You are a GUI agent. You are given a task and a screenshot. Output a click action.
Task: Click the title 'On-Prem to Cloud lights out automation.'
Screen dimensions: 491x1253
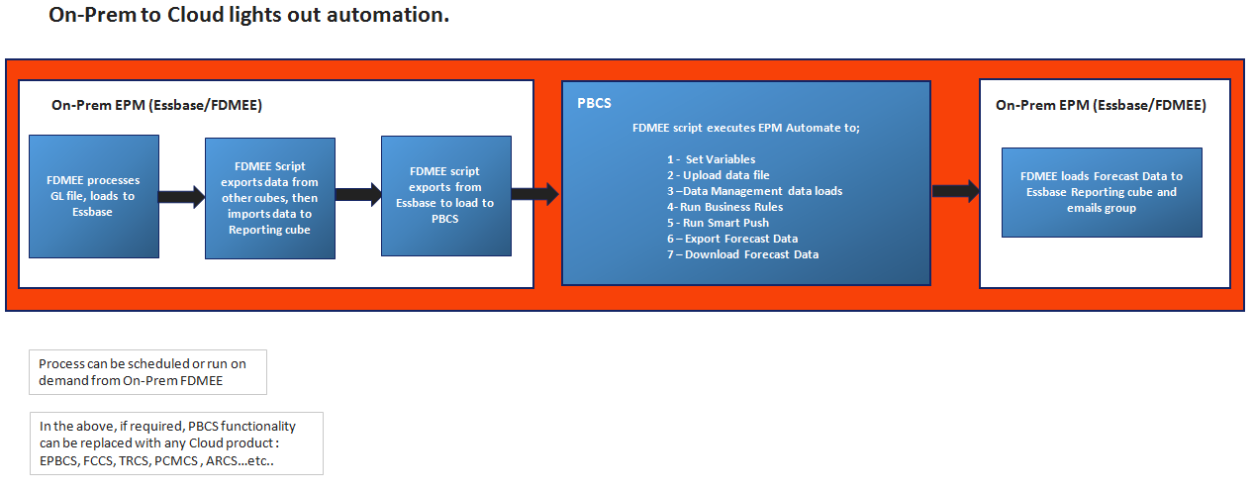click(248, 17)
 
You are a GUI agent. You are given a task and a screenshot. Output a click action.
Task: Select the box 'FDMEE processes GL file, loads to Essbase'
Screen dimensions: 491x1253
click(93, 196)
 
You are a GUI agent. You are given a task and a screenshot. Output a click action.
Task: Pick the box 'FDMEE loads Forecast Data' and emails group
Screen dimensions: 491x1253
click(1102, 192)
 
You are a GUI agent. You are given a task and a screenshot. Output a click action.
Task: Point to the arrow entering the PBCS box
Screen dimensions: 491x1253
click(536, 194)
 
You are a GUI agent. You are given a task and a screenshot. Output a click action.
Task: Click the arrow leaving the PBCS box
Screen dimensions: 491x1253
click(955, 191)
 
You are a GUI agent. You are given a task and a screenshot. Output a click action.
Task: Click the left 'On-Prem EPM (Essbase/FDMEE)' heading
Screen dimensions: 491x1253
click(156, 105)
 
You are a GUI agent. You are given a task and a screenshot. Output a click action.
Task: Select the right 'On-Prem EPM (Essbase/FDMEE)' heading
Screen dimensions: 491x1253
click(1101, 105)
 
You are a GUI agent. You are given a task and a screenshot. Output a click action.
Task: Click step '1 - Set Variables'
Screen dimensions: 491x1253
click(711, 159)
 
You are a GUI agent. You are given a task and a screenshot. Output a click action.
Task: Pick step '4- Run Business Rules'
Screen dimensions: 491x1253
click(724, 207)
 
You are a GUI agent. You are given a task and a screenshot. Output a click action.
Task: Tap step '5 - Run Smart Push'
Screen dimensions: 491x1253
click(718, 223)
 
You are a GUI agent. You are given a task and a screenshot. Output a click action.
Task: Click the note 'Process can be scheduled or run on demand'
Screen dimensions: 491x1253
click(146, 371)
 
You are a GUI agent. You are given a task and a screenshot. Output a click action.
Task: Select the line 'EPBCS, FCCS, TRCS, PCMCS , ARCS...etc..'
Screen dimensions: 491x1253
click(155, 462)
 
